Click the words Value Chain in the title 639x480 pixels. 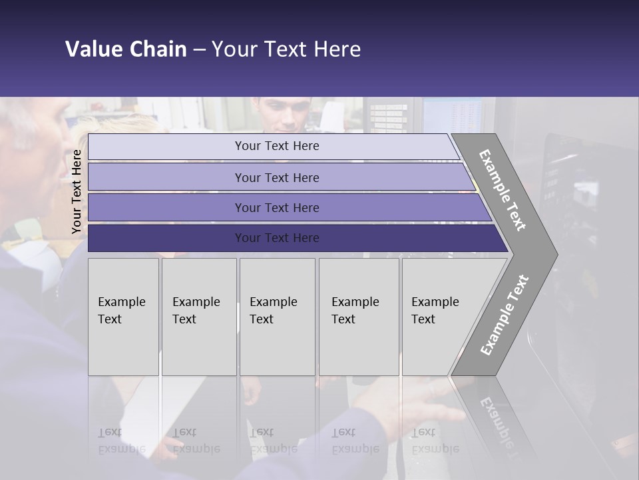coord(126,49)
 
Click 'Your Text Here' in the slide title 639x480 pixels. coord(286,49)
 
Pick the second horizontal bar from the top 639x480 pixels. coord(276,177)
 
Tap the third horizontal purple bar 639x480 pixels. coord(276,207)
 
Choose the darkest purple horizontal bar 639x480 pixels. coord(276,238)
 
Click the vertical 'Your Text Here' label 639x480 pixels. coord(77,191)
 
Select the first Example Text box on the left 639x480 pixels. coord(123,317)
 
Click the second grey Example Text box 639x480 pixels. coord(198,317)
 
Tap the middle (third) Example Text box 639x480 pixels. coord(277,317)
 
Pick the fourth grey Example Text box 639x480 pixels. coord(358,317)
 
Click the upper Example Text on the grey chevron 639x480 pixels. coord(503,190)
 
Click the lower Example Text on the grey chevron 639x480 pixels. coord(505,315)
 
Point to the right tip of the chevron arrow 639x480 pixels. coord(556,254)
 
